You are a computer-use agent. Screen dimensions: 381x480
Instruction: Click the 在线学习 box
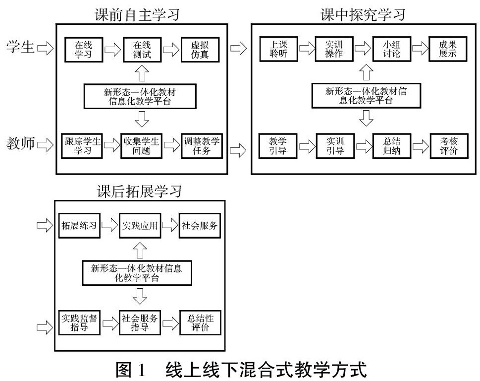click(x=83, y=49)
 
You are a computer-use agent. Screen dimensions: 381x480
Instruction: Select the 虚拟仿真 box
click(x=199, y=49)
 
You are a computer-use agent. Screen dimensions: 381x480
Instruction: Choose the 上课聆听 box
click(x=280, y=49)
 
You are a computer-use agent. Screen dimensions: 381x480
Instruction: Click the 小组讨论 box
click(x=392, y=49)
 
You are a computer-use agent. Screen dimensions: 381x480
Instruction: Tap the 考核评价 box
click(x=448, y=145)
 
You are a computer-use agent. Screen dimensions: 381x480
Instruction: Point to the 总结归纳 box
click(x=392, y=145)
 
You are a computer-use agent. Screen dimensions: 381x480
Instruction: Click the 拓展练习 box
click(x=79, y=226)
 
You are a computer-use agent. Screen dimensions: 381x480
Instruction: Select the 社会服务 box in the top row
click(x=199, y=226)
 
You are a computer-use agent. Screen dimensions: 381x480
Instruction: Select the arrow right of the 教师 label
click(x=46, y=145)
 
